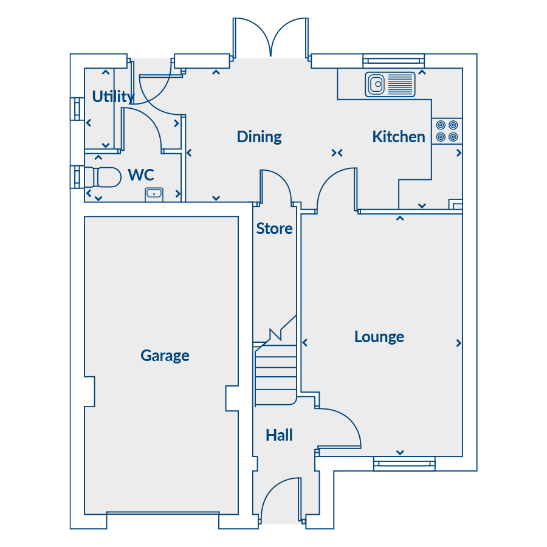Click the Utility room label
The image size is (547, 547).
113,97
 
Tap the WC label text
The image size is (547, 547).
141,175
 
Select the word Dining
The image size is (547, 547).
259,137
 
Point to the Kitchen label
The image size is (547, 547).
399,136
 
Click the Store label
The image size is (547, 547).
274,229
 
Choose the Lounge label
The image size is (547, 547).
379,337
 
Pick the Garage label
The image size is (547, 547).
165,356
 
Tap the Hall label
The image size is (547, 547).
279,435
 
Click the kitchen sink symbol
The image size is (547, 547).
390,84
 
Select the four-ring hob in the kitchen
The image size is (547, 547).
447,131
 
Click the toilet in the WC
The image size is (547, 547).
103,177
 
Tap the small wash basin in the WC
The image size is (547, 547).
154,194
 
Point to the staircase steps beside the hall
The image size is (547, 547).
275,373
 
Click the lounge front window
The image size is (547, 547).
404,463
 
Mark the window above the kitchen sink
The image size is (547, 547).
393,61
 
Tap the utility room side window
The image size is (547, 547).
77,109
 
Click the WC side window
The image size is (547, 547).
77,177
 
